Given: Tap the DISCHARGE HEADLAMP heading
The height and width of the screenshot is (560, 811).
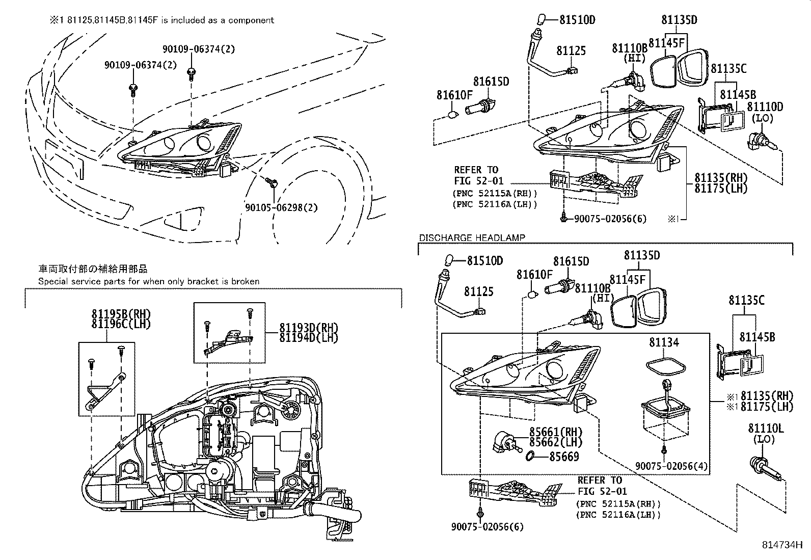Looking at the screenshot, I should point(472,237).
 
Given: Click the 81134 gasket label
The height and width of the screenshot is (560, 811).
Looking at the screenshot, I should point(664,342).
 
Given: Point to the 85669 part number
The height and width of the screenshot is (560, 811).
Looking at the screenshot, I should point(564,457).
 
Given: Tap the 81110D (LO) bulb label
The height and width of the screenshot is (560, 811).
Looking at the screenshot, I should point(765,107).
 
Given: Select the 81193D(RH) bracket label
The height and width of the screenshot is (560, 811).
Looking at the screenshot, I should point(308,328).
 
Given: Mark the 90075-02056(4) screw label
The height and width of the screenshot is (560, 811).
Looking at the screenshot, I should point(671,466).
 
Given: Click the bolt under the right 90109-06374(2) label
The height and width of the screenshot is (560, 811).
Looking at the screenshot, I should point(191,72).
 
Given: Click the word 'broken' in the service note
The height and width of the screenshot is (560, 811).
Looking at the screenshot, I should point(246,281).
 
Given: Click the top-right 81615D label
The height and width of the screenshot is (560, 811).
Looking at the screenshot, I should point(491,82).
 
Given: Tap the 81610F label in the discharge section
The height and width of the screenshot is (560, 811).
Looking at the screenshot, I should point(534,275).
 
